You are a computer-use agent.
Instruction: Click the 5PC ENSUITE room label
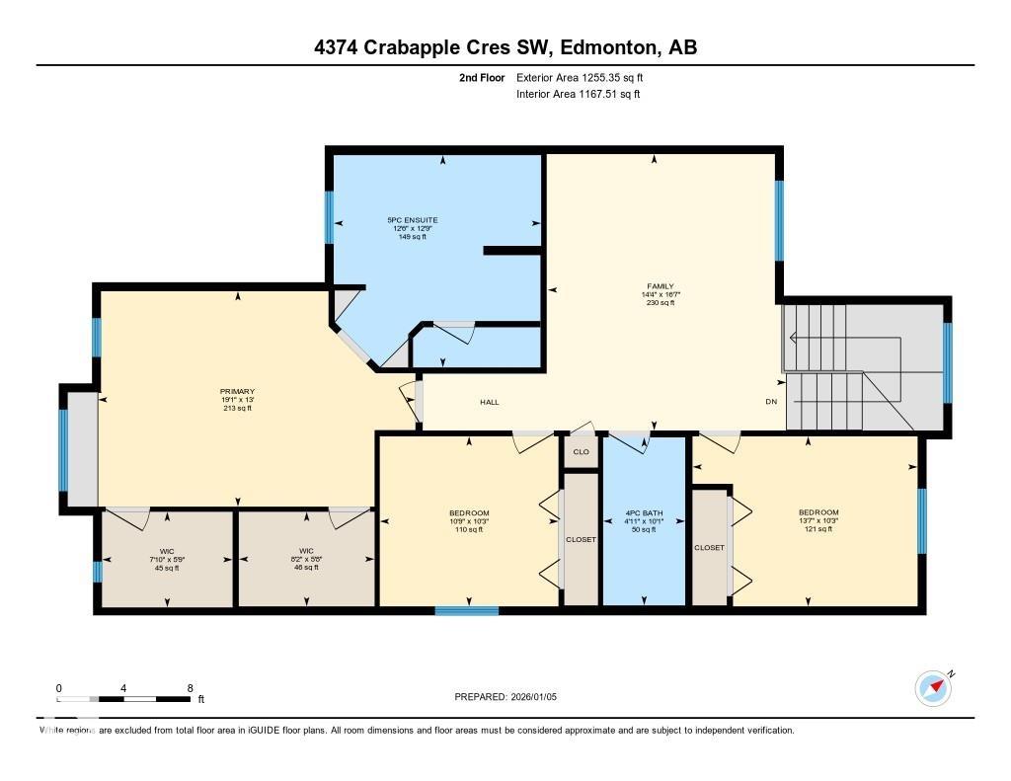coord(412,219)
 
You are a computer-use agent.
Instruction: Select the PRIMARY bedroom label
coord(237,391)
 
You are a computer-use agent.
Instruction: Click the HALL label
coord(490,403)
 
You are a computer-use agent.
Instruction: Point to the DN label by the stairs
coord(771,403)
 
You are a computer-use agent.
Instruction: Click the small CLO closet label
coord(582,452)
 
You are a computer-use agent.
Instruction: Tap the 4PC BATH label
coord(644,513)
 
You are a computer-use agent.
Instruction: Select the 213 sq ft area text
coord(237,408)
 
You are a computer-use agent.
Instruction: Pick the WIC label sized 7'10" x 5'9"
coord(167,550)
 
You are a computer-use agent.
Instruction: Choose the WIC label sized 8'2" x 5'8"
coord(306,550)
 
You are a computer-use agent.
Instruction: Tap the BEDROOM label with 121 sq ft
coord(818,512)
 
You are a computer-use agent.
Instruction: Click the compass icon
coord(933,688)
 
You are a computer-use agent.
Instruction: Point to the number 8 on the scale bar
coord(189,688)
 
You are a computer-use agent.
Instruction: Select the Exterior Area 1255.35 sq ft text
coord(583,77)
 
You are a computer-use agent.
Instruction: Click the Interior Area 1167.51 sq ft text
coord(579,95)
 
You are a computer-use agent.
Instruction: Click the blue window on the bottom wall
coord(467,611)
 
